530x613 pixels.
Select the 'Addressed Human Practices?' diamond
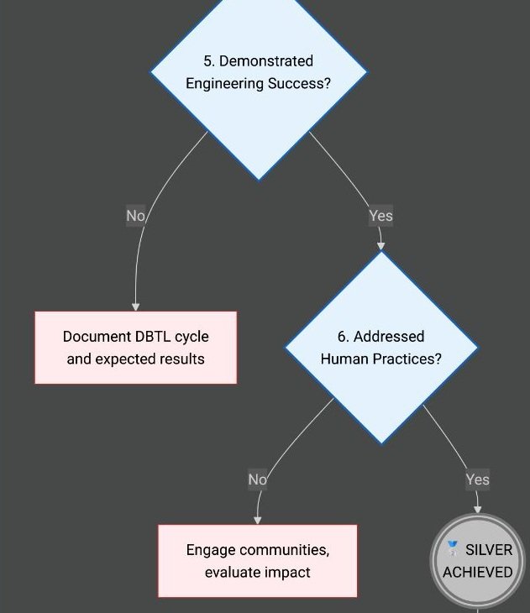point(381,348)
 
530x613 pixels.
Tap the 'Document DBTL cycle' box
point(135,348)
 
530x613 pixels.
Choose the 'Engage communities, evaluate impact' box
point(257,561)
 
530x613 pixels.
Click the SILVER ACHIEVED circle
point(478,561)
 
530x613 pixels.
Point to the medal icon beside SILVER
point(453,549)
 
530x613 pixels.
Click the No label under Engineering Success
point(135,216)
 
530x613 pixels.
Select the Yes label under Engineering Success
point(380,216)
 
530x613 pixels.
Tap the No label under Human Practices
point(257,479)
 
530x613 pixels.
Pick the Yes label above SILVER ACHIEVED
point(477,479)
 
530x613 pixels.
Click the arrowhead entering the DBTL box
point(135,306)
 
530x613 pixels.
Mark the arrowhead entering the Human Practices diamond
point(381,246)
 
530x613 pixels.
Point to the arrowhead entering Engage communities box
point(257,520)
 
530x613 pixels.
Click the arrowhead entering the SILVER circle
point(478,509)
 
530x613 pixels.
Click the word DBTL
point(153,337)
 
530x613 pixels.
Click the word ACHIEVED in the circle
point(478,573)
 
